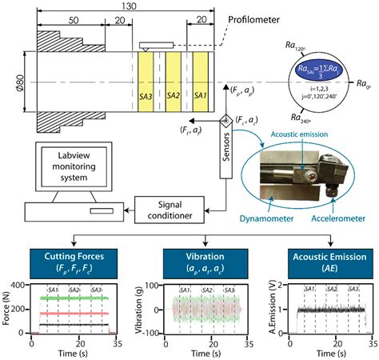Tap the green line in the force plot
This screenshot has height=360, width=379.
72,298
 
